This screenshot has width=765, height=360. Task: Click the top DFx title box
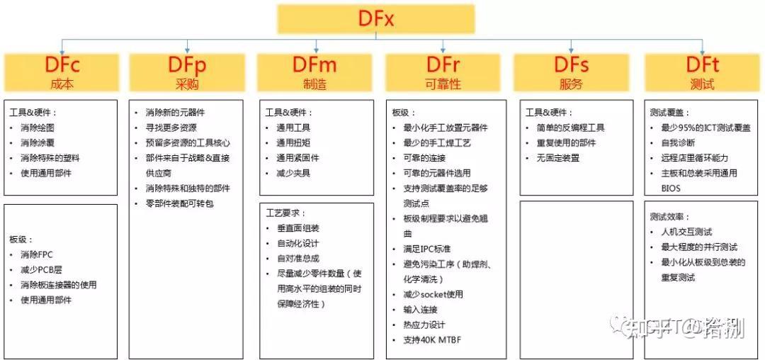pos(375,18)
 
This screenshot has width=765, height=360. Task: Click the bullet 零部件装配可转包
pos(179,204)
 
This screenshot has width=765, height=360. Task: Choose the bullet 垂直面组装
pos(297,228)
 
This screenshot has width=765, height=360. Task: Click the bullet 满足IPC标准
pos(426,249)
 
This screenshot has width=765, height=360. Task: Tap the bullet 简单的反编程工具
pos(571,128)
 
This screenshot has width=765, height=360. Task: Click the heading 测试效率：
pos(669,216)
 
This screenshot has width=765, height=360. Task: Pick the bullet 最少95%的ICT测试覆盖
pos(705,128)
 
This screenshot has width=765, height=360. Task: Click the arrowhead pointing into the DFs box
pos(570,51)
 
